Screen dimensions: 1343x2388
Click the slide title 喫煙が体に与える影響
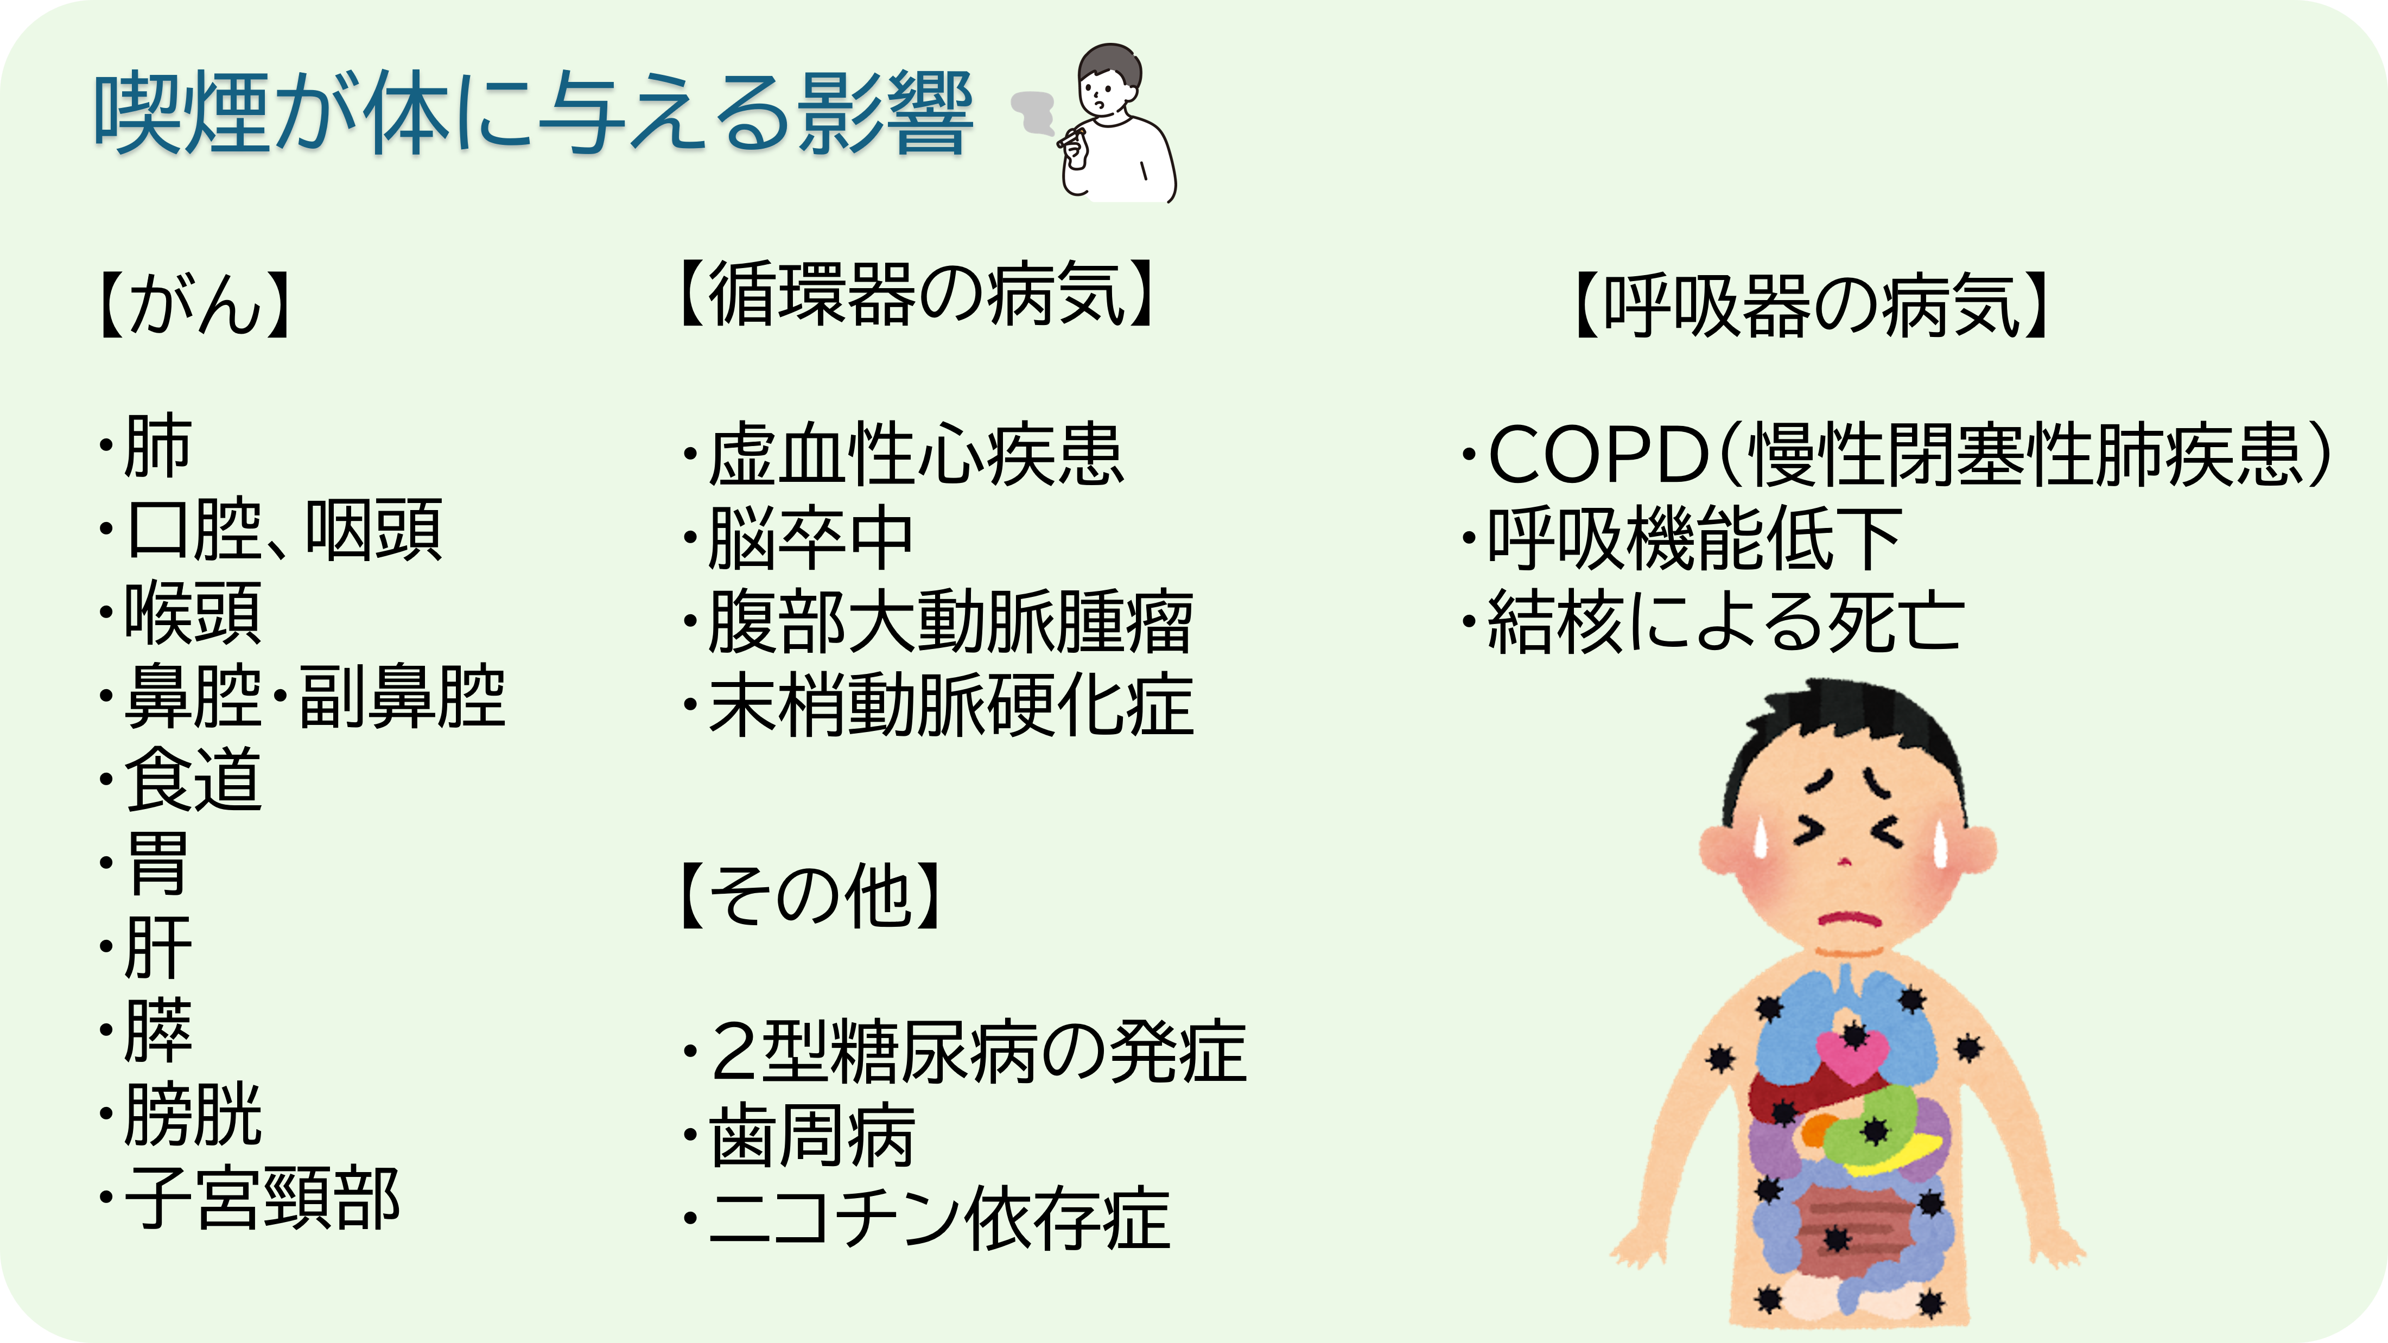[x=533, y=114]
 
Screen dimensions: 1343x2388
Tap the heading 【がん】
[x=195, y=304]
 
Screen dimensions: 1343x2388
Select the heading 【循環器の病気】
[x=916, y=295]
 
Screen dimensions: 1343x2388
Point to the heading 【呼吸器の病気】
[x=1812, y=306]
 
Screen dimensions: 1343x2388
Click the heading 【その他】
[x=811, y=895]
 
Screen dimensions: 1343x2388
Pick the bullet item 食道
[x=193, y=780]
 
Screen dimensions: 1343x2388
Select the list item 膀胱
[x=193, y=1115]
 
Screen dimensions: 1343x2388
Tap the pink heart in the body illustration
[x=1852, y=1056]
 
